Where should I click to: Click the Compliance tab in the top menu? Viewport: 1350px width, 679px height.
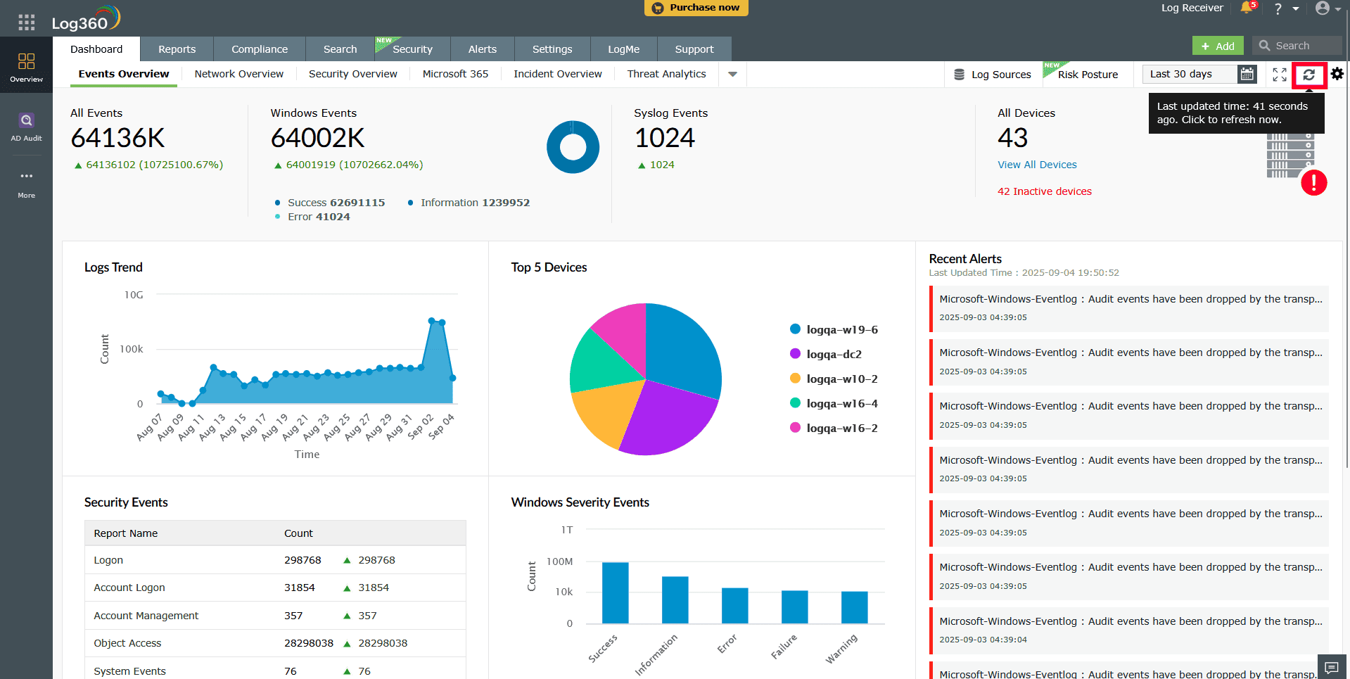point(259,49)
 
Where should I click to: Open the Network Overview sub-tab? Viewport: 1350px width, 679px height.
point(238,74)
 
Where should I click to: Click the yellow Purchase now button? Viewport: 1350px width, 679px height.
point(696,8)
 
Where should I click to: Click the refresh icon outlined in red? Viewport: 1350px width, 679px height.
point(1308,75)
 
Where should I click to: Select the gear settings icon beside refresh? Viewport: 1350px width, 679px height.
point(1337,74)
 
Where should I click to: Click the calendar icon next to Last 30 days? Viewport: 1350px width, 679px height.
point(1247,74)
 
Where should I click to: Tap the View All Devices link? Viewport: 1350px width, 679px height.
point(1036,165)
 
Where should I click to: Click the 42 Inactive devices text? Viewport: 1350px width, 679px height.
point(1044,191)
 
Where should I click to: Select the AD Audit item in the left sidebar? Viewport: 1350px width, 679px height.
point(26,127)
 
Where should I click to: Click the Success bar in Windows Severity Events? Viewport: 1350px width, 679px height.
point(615,592)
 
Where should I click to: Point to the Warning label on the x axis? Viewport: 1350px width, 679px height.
point(841,649)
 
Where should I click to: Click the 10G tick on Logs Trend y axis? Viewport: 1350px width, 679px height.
point(134,295)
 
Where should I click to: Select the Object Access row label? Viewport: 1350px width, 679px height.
point(127,643)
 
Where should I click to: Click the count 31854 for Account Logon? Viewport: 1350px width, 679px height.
point(299,588)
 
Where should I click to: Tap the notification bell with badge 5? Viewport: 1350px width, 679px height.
point(1247,8)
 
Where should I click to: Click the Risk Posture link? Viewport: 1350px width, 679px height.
point(1087,75)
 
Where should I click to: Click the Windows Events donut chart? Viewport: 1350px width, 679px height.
point(573,147)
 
